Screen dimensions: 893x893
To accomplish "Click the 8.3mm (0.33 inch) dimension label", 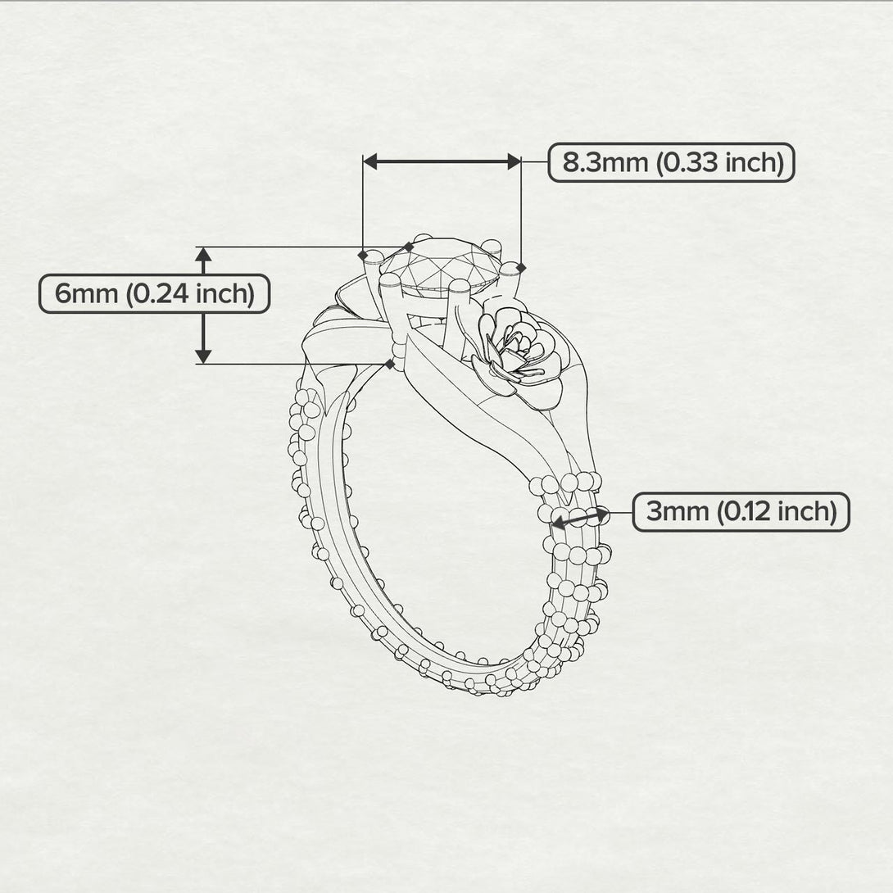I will click(x=671, y=162).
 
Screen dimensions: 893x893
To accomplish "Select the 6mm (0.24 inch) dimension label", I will click(x=155, y=293).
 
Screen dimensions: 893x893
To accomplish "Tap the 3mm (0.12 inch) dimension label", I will click(x=741, y=512).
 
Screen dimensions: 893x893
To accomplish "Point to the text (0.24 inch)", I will click(x=189, y=293).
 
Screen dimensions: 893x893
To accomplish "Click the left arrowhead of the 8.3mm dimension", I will click(x=370, y=161).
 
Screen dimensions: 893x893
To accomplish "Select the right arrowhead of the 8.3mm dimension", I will click(x=514, y=161).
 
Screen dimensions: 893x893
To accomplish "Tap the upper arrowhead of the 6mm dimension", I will click(x=204, y=253).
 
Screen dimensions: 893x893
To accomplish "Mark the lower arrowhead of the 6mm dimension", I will click(x=204, y=356).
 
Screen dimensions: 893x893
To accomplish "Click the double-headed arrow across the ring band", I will click(x=580, y=518).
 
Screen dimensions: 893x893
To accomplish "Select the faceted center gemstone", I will click(x=442, y=264).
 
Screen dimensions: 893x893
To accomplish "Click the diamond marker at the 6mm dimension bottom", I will click(x=389, y=363).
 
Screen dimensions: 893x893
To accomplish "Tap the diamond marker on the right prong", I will click(x=522, y=267).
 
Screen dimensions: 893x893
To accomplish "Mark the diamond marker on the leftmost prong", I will click(x=364, y=255).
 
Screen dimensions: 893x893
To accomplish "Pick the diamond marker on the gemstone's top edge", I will click(x=409, y=246).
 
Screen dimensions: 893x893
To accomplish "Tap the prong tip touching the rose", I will click(x=460, y=286).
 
